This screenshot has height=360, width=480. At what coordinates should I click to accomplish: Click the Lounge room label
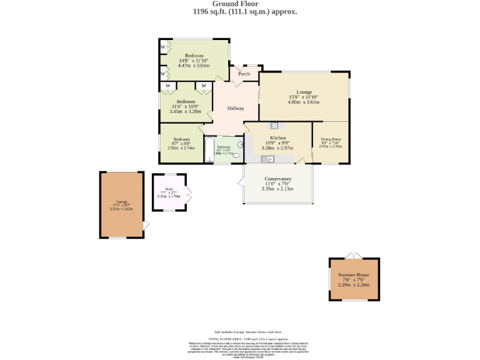click(x=304, y=92)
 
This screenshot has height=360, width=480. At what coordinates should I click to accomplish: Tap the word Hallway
click(x=236, y=109)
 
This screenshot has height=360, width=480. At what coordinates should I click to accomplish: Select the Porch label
click(x=244, y=74)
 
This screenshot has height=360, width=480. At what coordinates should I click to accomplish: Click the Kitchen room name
click(x=277, y=137)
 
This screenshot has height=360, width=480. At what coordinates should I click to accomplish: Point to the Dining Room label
click(x=331, y=139)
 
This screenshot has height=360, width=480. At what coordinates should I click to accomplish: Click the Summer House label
click(x=354, y=275)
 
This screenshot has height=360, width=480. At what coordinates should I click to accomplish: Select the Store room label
click(x=169, y=188)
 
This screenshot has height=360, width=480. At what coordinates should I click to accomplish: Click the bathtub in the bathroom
click(x=209, y=150)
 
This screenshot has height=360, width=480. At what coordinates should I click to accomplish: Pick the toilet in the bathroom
click(x=236, y=155)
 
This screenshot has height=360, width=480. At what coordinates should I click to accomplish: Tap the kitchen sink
click(x=267, y=159)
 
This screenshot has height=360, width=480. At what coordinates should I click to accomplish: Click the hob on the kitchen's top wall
click(x=274, y=125)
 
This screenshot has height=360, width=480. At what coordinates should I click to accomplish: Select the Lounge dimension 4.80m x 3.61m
click(x=304, y=102)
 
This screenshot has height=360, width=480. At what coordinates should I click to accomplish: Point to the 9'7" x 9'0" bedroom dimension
click(x=181, y=144)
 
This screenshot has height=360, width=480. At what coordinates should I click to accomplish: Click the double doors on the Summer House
click(x=354, y=256)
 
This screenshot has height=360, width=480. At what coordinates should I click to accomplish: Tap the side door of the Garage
click(x=146, y=226)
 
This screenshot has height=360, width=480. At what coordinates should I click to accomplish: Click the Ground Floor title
click(x=240, y=4)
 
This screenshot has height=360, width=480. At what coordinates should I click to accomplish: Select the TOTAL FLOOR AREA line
click(x=240, y=337)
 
